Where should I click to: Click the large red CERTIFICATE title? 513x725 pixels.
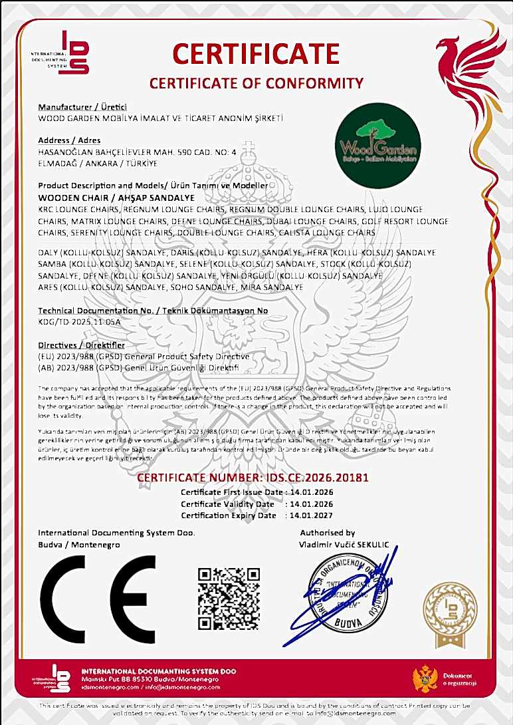pyautogui.click(x=256, y=53)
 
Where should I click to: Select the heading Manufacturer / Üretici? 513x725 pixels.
pyautogui.click(x=82, y=107)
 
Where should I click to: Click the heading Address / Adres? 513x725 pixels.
pyautogui.click(x=69, y=140)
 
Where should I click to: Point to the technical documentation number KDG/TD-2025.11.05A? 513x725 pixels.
pyautogui.click(x=80, y=321)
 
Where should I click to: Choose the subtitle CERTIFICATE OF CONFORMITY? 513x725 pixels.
pyautogui.click(x=256, y=83)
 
